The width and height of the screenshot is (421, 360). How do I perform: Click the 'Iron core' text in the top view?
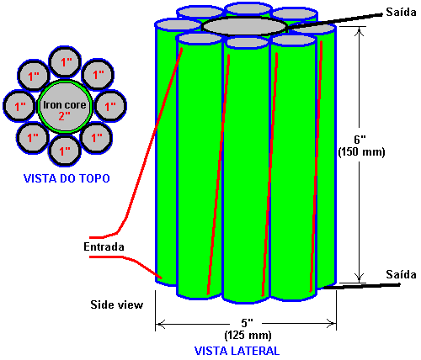[65, 105]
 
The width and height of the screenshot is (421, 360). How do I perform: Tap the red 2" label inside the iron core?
[65, 115]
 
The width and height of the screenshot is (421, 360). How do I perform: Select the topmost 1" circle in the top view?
[65, 61]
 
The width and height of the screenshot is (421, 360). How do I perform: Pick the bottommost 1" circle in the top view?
[65, 151]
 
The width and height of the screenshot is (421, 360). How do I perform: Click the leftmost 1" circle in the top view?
[19, 106]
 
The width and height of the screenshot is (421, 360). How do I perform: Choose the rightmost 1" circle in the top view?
[110, 106]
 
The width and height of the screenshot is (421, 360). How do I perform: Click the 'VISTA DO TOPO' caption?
[67, 178]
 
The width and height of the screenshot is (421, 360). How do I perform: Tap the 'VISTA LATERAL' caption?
[237, 351]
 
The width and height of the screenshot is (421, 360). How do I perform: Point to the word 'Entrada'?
[104, 246]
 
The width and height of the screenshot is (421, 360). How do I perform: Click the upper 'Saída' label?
[401, 12]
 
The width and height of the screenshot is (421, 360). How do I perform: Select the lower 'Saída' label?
[401, 274]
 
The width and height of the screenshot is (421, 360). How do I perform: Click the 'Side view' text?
[117, 304]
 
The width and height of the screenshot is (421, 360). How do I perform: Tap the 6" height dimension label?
[360, 140]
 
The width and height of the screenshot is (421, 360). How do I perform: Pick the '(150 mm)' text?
[361, 152]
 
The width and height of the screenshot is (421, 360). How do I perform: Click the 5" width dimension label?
[248, 323]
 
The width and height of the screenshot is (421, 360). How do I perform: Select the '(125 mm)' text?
[248, 336]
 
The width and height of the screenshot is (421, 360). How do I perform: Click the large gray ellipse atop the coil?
[244, 27]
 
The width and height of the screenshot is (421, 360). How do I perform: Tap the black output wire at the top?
[335, 20]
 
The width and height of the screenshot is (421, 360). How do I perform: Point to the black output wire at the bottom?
[361, 286]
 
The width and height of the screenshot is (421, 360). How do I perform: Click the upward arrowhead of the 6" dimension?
[360, 32]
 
